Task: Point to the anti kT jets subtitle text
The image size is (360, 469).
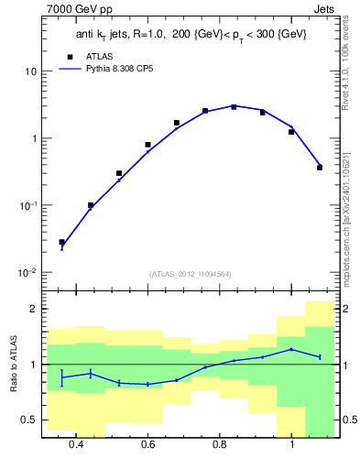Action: pyautogui.click(x=190, y=34)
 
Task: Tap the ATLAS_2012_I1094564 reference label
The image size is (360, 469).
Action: pyautogui.click(x=189, y=273)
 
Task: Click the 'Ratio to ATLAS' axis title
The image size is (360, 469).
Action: pyautogui.click(x=14, y=364)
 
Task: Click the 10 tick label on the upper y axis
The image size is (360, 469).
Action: pyautogui.click(x=30, y=71)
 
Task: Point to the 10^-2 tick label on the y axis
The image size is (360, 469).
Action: pyautogui.click(x=27, y=273)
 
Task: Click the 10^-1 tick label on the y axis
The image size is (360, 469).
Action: pyautogui.click(x=27, y=206)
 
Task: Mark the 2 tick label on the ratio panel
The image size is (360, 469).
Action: pyautogui.click(x=32, y=310)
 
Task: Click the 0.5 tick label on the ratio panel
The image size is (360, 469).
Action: pyautogui.click(x=28, y=420)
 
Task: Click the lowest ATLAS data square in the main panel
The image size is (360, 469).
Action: pyautogui.click(x=61, y=242)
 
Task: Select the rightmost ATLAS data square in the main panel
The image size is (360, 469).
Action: pyautogui.click(x=320, y=168)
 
